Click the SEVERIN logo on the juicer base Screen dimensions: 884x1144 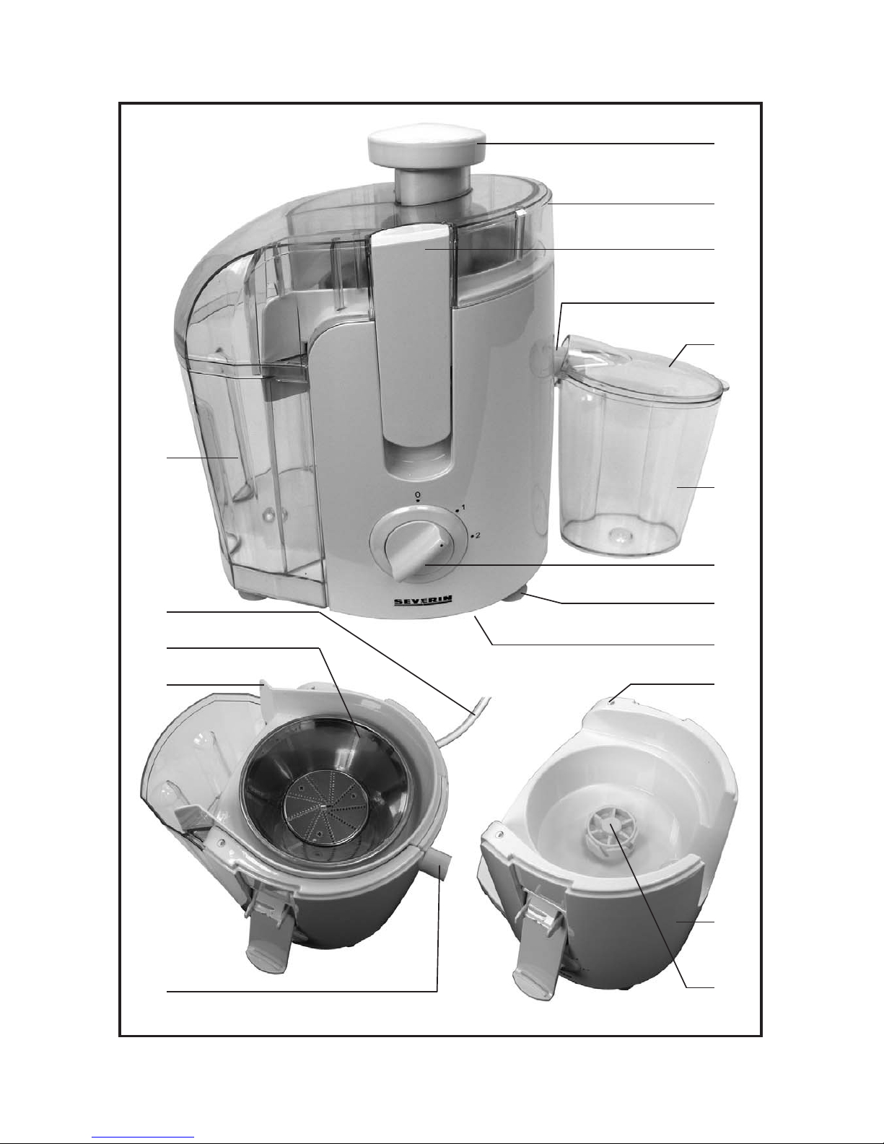point(423,602)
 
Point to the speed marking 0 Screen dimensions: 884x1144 point(417,495)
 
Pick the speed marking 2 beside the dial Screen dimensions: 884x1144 point(477,536)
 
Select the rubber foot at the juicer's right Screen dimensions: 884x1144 point(516,598)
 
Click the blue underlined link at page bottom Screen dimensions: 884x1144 point(143,1137)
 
